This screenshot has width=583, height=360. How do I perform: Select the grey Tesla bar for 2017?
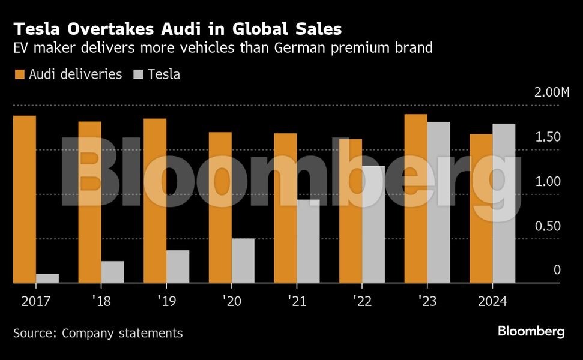(47, 278)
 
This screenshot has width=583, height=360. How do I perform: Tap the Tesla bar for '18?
(112, 271)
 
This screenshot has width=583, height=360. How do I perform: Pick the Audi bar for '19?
(155, 200)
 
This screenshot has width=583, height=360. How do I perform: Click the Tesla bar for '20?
(243, 260)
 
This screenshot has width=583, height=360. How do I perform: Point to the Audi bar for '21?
(285, 208)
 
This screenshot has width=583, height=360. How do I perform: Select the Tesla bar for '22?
(373, 224)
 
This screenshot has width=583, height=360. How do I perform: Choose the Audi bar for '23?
(415, 198)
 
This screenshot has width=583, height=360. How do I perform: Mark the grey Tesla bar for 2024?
(504, 203)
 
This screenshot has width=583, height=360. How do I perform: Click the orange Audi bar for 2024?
(481, 208)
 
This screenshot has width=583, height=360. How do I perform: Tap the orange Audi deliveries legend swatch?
(19, 74)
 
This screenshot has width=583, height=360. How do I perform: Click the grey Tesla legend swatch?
(137, 74)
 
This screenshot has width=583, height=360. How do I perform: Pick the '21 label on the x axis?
(297, 301)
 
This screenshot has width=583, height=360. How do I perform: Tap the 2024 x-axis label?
(492, 301)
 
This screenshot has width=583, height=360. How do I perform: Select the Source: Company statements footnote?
(98, 332)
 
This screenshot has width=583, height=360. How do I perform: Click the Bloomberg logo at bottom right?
(531, 331)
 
